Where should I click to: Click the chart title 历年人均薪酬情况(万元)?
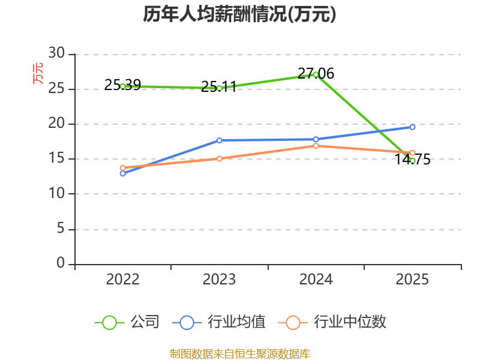tap(239, 14)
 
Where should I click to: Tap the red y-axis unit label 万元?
tap(38, 73)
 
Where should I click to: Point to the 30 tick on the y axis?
tap(56, 53)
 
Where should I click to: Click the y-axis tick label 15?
tap(56, 158)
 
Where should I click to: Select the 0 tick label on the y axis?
tap(61, 263)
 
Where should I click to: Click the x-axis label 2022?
tap(123, 280)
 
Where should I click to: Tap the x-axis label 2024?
tap(316, 280)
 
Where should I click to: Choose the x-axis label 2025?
tap(412, 280)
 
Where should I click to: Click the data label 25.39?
tap(122, 85)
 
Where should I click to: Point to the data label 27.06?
tap(316, 73)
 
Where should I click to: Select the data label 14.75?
tap(412, 160)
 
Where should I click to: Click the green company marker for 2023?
tap(219, 88)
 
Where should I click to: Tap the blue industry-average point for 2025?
tap(412, 127)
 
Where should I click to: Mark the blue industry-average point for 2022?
tap(123, 173)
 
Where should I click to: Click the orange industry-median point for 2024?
tap(316, 146)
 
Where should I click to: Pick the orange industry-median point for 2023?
tap(219, 158)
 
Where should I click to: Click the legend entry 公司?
tap(127, 322)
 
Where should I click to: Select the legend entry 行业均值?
tap(219, 322)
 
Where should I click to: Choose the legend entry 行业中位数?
tap(332, 322)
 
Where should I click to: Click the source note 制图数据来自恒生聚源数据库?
tap(239, 354)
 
